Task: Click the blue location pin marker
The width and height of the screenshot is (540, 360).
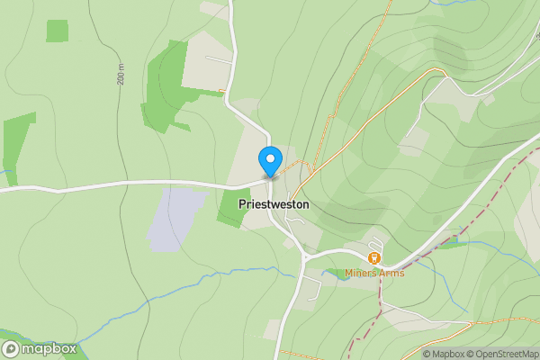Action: (269, 160)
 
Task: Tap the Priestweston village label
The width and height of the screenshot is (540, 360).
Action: (274, 205)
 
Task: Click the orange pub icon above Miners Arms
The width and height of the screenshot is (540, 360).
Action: (373, 258)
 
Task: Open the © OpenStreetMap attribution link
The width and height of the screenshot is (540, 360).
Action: (499, 354)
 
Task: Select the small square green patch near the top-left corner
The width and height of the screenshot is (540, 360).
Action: (57, 31)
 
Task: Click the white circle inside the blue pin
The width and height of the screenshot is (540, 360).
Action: (269, 157)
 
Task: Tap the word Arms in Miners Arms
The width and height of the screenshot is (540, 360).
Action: (392, 274)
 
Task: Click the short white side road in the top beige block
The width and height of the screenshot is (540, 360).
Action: (219, 59)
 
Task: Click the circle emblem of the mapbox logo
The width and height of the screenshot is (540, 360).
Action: (11, 349)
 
